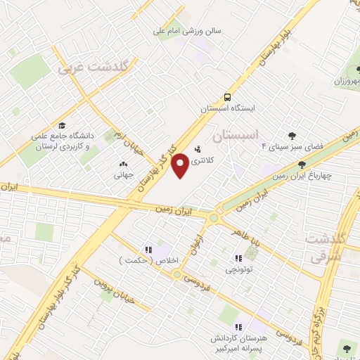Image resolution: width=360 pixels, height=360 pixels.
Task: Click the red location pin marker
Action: pyautogui.click(x=181, y=165)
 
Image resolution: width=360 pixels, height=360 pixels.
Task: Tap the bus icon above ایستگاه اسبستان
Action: pyautogui.click(x=227, y=97)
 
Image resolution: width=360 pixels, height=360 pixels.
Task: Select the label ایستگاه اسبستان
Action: pyautogui.click(x=226, y=110)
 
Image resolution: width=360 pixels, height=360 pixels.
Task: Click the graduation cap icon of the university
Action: pyautogui.click(x=63, y=125)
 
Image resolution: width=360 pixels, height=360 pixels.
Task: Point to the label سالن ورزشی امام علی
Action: pyautogui.click(x=187, y=31)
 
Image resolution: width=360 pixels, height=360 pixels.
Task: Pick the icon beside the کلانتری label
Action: pyautogui.click(x=197, y=149)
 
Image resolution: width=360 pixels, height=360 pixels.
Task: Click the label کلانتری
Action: pyautogui.click(x=221, y=160)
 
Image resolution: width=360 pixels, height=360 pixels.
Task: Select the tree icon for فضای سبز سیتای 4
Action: pyautogui.click(x=292, y=136)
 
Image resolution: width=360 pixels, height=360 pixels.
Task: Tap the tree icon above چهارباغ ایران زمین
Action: pyautogui.click(x=302, y=165)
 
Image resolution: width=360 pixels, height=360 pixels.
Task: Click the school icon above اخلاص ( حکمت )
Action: pyautogui.click(x=148, y=249)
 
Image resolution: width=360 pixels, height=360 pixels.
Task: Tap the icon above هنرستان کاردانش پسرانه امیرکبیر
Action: pyautogui.click(x=238, y=326)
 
